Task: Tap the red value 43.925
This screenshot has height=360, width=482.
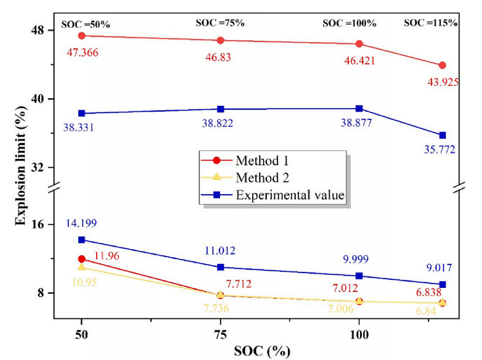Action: (442, 81)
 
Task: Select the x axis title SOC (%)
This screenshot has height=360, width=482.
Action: (261, 351)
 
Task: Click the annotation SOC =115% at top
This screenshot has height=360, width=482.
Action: (431, 23)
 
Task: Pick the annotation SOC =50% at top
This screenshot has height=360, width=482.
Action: (86, 25)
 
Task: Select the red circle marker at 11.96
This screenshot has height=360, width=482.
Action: (81, 260)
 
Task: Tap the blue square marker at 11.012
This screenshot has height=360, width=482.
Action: (221, 267)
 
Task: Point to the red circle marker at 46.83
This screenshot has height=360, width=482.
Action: (221, 41)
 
